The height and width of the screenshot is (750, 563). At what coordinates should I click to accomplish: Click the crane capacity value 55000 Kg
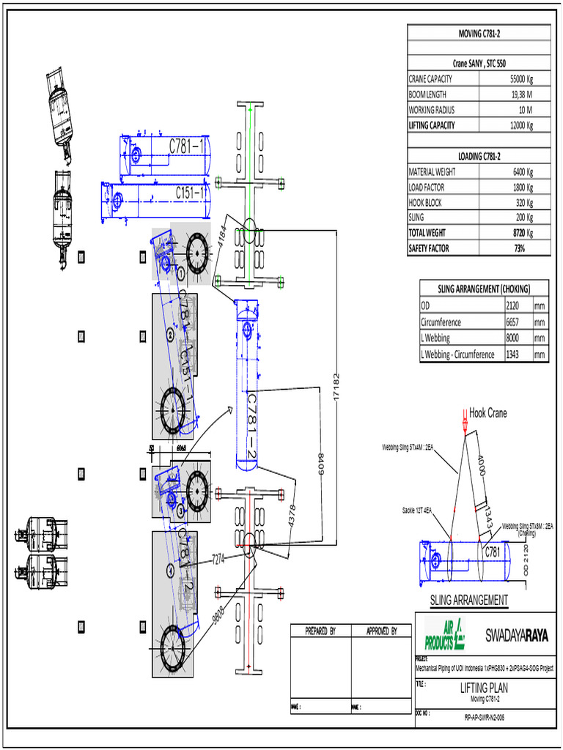pos(520,79)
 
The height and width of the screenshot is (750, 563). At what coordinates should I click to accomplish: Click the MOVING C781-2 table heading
pos(479,33)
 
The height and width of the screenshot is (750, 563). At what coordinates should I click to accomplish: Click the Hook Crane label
pos(487,413)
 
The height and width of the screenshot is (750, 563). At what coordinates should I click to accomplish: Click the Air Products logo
pos(445,634)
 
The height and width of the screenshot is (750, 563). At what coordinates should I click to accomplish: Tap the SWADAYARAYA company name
pos(517,635)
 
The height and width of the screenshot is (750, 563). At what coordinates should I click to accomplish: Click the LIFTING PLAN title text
pos(483,688)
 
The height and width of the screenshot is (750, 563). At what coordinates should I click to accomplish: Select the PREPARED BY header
pos(320,631)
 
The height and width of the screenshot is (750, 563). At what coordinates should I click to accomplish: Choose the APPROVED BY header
pos(381,631)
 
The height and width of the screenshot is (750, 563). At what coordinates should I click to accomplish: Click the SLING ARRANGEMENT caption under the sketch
pos(468,600)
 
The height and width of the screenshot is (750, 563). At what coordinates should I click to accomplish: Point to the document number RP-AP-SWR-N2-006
pos(484,718)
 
